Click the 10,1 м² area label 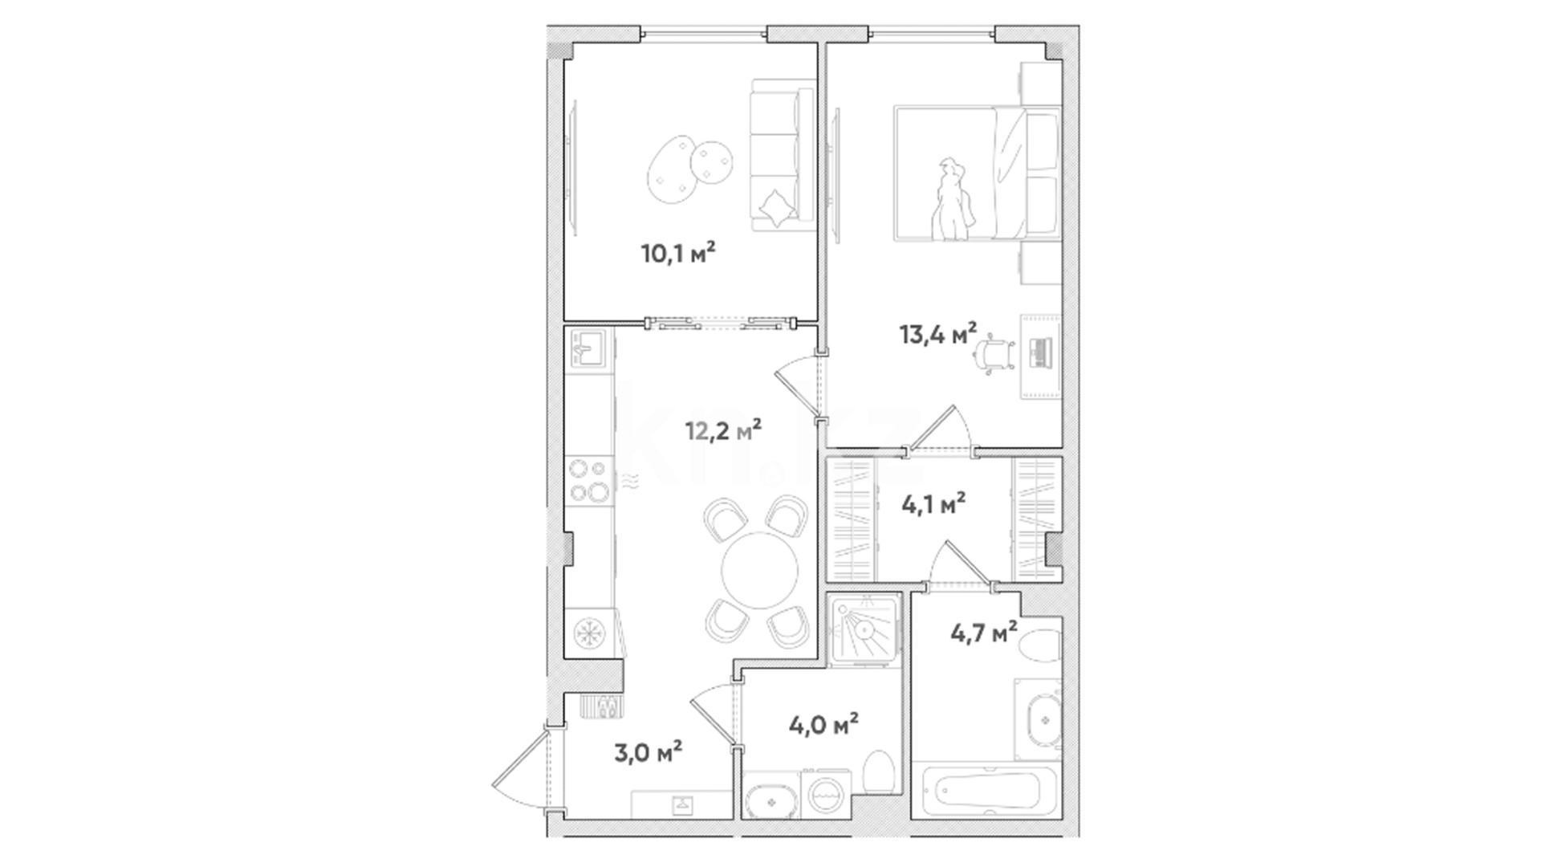point(678,254)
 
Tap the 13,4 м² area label point(938,333)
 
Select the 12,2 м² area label point(723,430)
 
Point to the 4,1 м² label point(933,504)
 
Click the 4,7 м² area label point(984,633)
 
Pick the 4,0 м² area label point(824,725)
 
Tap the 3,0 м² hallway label point(649,752)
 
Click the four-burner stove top point(589,480)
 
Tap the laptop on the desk point(1040,353)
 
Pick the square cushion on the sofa point(777,208)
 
